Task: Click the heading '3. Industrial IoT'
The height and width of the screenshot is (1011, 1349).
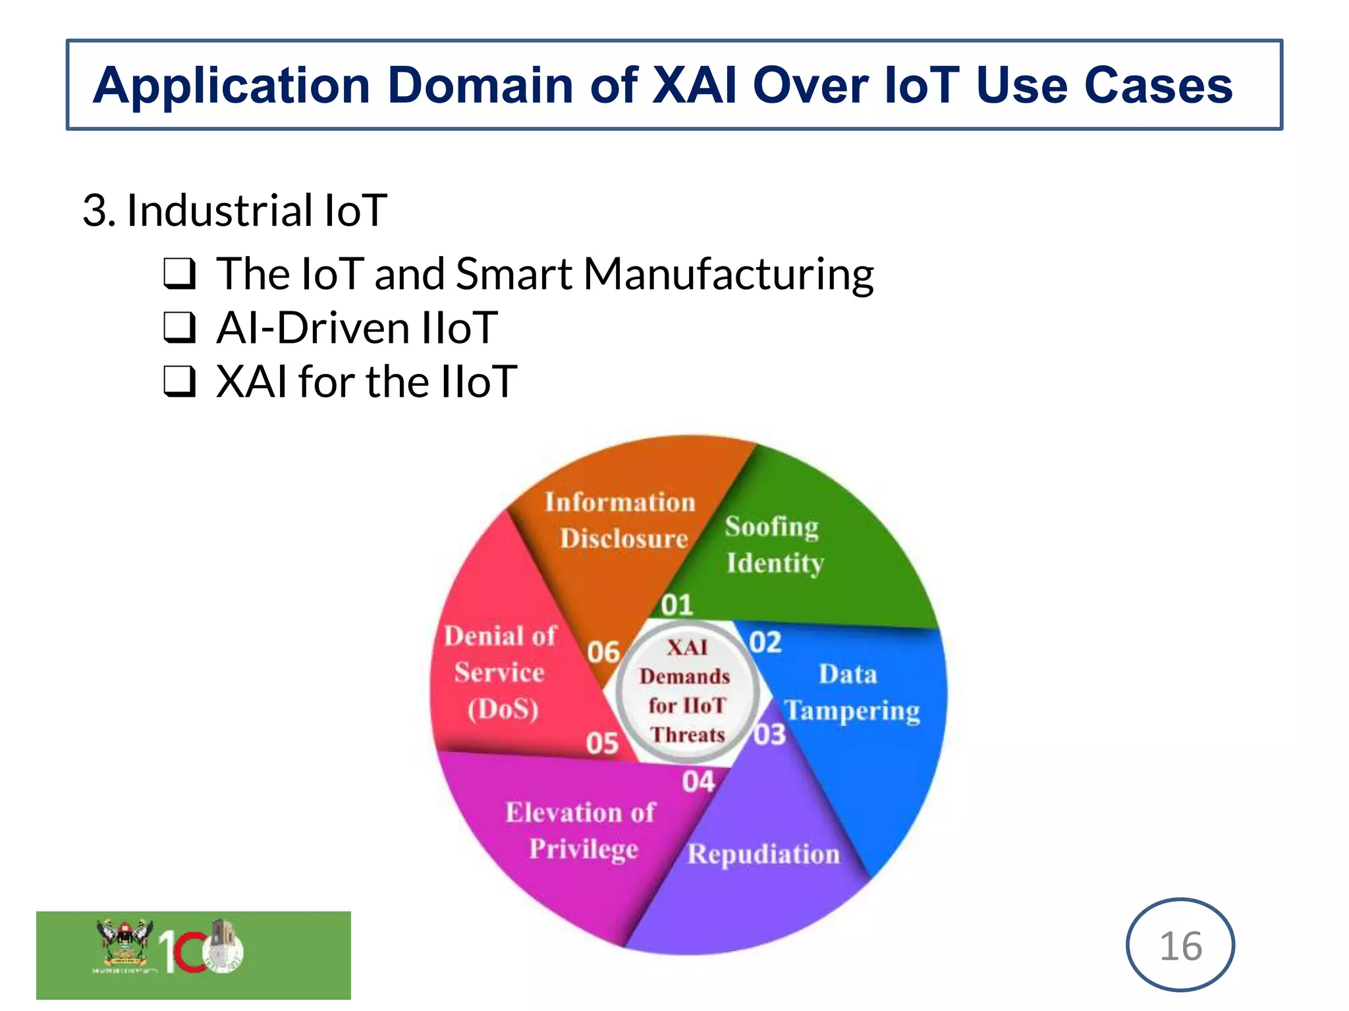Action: pos(234,211)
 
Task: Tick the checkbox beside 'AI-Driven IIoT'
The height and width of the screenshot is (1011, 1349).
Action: pos(179,328)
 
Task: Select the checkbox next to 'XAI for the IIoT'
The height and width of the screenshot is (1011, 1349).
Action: pos(179,382)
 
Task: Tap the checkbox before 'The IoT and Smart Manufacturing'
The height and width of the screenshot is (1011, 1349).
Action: pos(179,274)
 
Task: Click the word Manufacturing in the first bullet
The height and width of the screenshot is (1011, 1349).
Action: pos(729,274)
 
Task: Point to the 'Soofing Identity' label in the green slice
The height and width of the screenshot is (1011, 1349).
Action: pos(773,545)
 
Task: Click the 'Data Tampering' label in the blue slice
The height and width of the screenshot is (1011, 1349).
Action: pos(851,692)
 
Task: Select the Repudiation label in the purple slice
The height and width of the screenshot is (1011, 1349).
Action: pos(763,854)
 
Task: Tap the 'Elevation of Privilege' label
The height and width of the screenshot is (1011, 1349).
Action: pos(581,831)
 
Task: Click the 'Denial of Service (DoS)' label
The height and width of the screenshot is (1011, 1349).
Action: pos(501,673)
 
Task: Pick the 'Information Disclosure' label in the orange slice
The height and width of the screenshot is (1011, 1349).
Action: pos(620,520)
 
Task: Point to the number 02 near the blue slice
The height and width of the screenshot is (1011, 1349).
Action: pos(765,642)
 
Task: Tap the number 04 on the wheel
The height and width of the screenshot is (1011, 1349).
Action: pos(698,782)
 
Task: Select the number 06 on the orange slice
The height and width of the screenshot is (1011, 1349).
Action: pos(603,652)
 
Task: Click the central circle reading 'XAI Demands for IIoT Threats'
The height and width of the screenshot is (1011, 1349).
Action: pos(686,691)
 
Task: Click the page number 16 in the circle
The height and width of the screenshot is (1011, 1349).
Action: pos(1180,946)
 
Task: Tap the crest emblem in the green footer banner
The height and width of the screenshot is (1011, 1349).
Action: pos(124,945)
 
